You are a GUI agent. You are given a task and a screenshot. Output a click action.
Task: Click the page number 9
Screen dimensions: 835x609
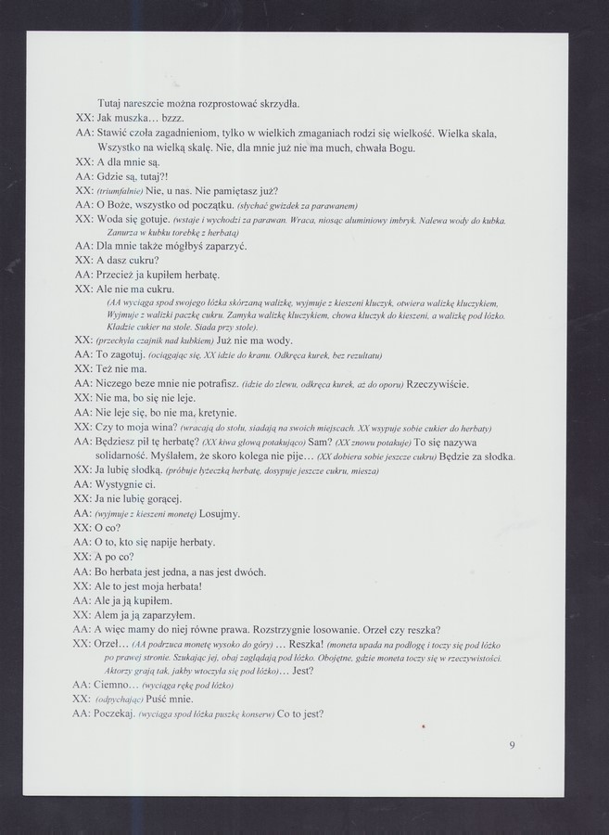tap(512, 743)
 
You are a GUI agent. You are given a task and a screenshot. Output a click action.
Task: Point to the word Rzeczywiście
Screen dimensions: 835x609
tap(438, 384)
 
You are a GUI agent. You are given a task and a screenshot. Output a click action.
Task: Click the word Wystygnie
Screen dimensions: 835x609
tap(126, 484)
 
